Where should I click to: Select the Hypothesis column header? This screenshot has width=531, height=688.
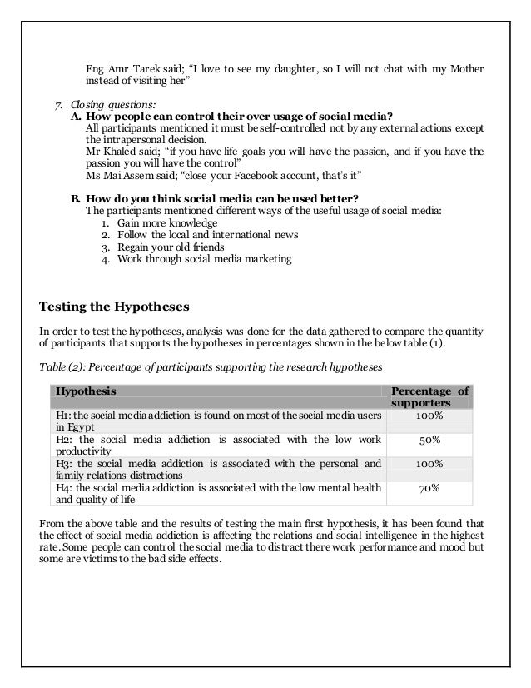click(x=86, y=391)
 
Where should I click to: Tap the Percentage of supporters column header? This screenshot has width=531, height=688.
click(x=429, y=396)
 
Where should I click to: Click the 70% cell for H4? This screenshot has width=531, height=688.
click(x=429, y=491)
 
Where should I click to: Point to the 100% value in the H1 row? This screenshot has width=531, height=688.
click(x=429, y=415)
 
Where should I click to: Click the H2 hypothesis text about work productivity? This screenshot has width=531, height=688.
click(x=218, y=445)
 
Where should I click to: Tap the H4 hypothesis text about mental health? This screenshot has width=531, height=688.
click(x=218, y=493)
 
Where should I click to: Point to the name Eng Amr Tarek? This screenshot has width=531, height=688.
click(x=117, y=67)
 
